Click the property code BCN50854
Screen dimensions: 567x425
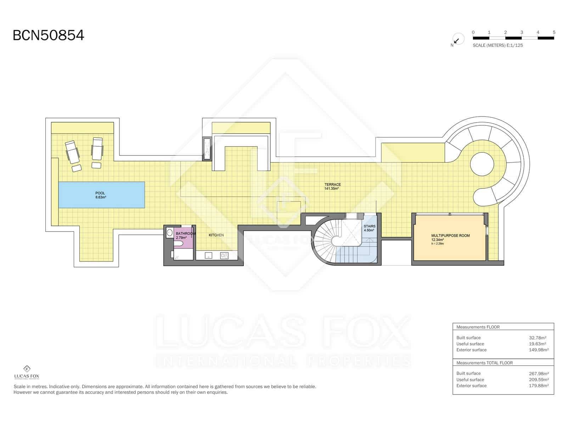[48, 35]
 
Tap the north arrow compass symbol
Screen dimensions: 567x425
[458, 39]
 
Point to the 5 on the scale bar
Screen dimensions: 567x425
[554, 32]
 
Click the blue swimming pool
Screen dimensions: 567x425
[101, 195]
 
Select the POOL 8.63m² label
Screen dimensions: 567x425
[101, 195]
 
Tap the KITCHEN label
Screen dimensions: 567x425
[216, 235]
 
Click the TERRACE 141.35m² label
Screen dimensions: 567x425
[332, 186]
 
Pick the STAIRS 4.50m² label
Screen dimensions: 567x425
[369, 228]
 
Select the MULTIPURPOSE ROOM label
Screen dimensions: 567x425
[450, 236]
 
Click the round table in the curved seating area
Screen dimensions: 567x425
[482, 164]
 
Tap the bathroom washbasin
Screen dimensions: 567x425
[170, 233]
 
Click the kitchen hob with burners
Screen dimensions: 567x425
[224, 255]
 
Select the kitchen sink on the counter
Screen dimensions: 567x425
[208, 255]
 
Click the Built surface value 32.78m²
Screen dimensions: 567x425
[537, 338]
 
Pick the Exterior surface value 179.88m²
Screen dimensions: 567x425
[539, 386]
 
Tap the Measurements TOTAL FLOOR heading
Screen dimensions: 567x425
[484, 363]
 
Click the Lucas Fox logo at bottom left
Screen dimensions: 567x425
[27, 372]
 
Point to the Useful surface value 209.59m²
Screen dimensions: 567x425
[539, 380]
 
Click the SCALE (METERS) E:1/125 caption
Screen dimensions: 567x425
[498, 45]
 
